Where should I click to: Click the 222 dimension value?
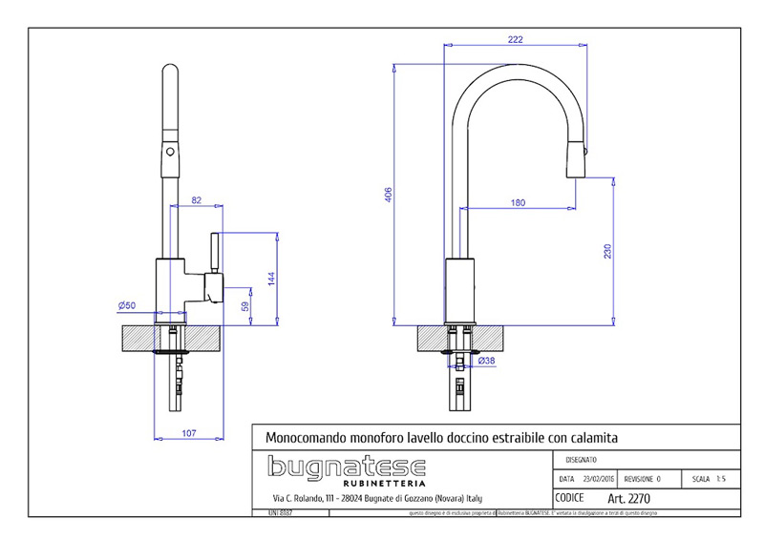516,39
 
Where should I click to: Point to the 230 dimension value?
606,252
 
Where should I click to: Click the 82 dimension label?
197,200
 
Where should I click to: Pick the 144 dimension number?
271,278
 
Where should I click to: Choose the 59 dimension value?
245,307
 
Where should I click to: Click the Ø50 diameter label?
126,304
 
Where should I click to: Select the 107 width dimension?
188,434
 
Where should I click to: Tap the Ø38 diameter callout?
486,361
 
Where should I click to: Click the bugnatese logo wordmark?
346,467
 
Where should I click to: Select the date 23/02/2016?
596,479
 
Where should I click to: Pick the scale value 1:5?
724,479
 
